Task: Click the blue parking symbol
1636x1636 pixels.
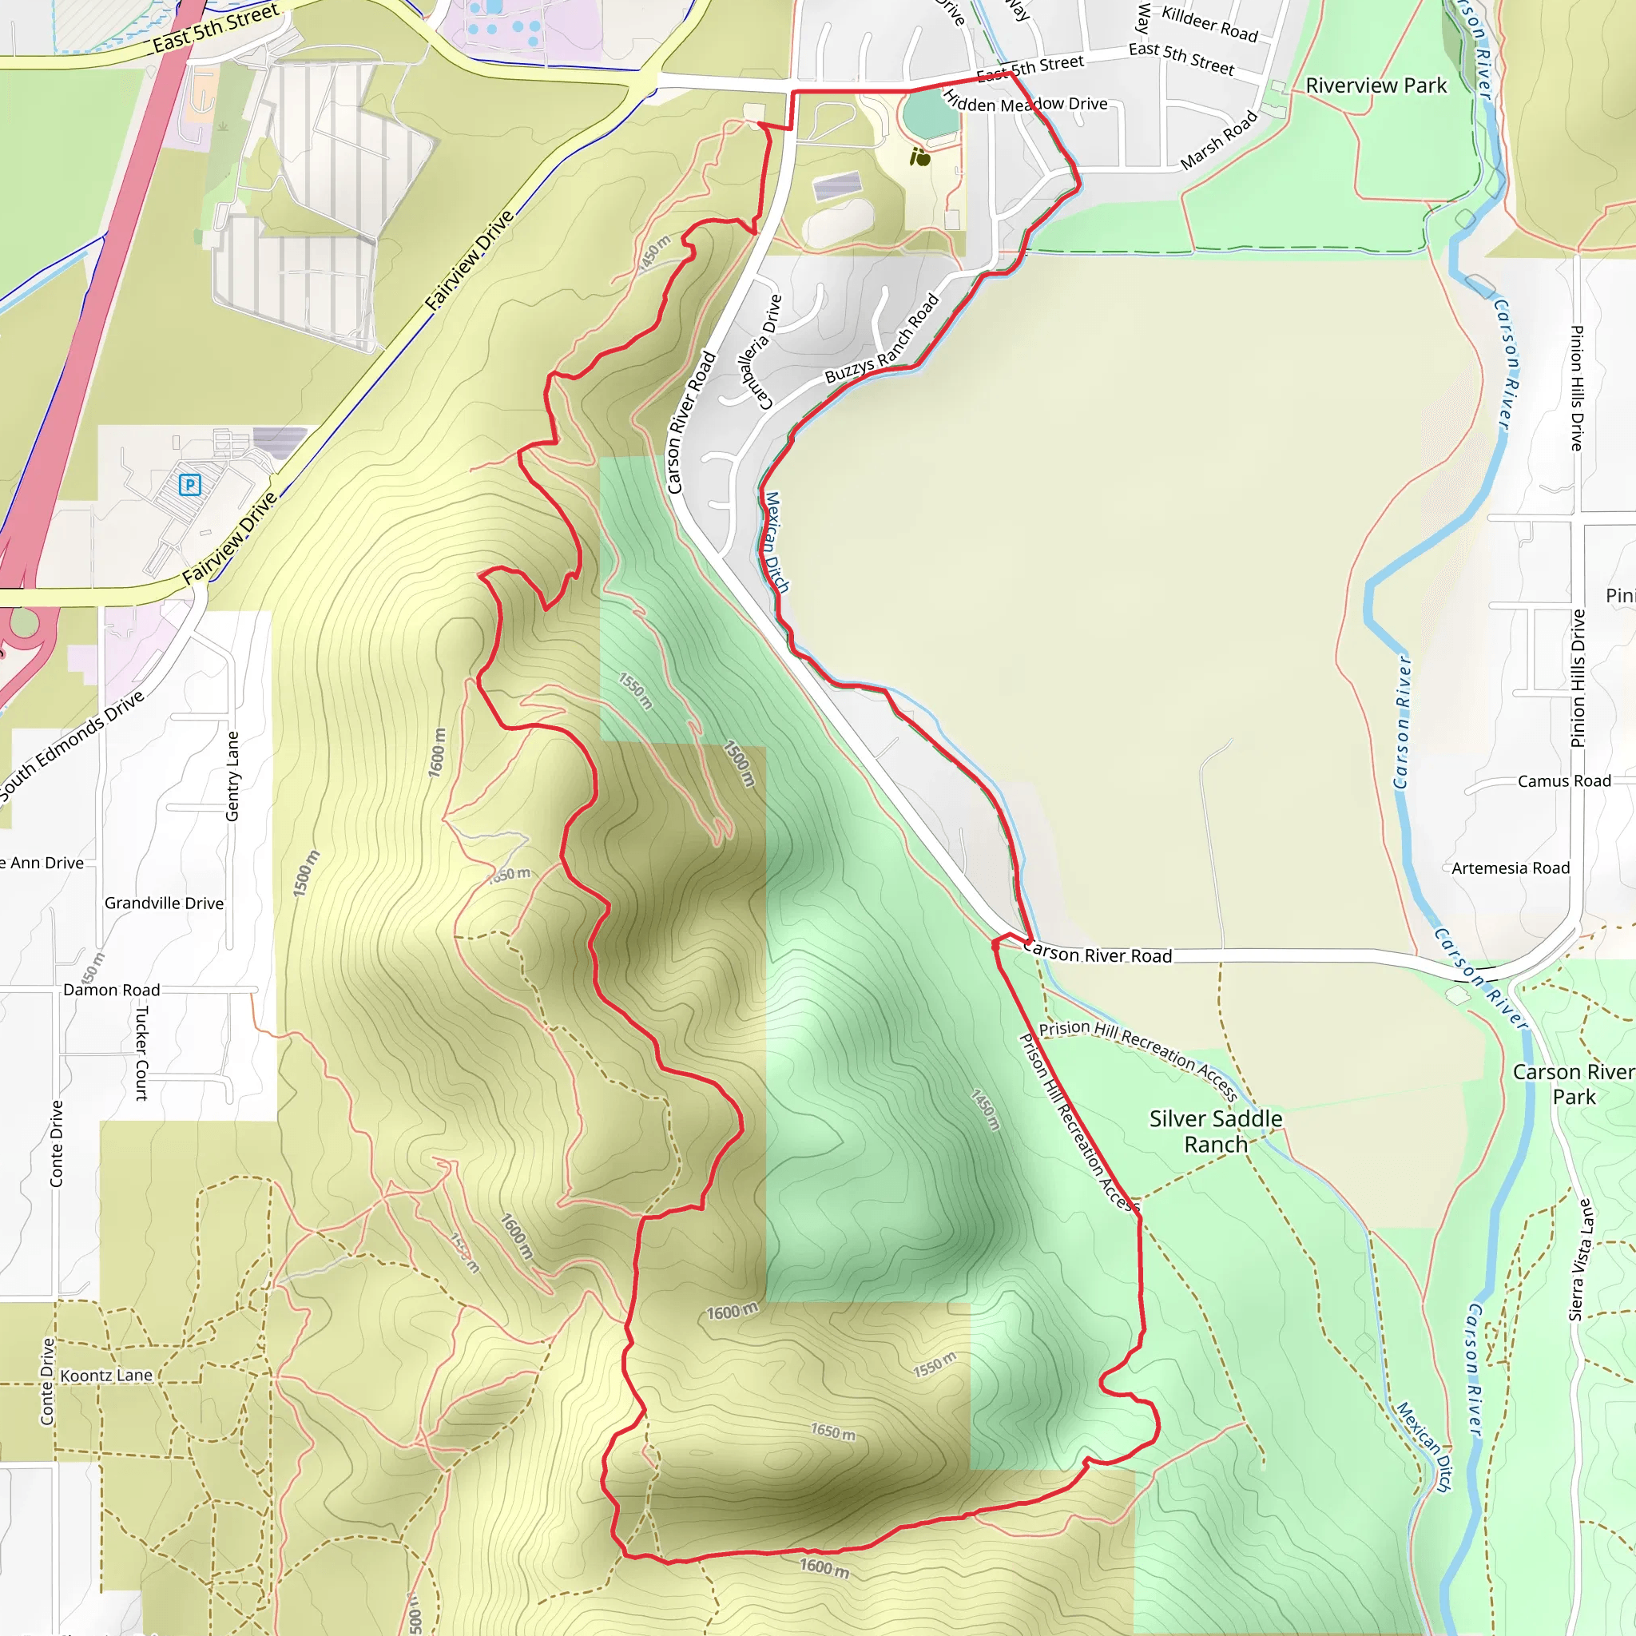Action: [189, 485]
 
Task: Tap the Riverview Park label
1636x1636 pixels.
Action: [1376, 85]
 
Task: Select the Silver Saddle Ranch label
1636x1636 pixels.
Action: [1215, 1131]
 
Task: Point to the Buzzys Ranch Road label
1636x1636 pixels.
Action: [882, 339]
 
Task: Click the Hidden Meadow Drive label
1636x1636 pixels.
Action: [1025, 104]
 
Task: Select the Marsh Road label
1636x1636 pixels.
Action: [1218, 141]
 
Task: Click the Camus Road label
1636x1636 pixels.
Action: [1563, 780]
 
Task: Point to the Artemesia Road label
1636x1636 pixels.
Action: [1510, 868]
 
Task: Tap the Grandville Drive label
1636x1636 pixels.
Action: [165, 903]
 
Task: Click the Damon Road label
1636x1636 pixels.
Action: [112, 990]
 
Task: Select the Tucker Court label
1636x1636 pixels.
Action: [141, 1053]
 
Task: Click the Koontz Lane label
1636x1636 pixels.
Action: [107, 1376]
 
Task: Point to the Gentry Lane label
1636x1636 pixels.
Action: [233, 776]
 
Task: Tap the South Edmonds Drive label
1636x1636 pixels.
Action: [72, 745]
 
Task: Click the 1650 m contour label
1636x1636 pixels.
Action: [832, 1432]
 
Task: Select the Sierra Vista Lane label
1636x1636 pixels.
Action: [1580, 1259]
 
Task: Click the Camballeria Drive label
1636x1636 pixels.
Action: [756, 351]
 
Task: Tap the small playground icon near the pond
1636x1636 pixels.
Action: [919, 157]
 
